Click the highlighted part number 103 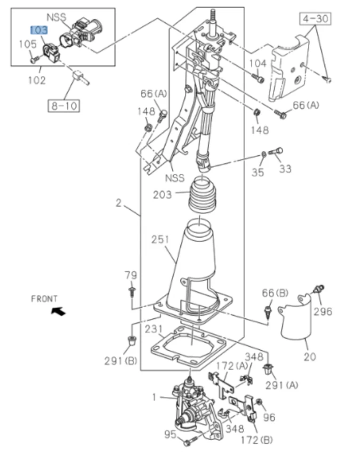coord(40,31)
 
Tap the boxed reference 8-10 coord(64,105)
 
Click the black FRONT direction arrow coord(59,310)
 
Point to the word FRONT coord(44,299)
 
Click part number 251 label coord(160,239)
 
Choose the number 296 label coord(323,311)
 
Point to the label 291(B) coord(120,362)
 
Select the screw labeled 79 coord(132,292)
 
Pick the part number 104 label coord(257,64)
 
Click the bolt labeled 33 coord(278,152)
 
